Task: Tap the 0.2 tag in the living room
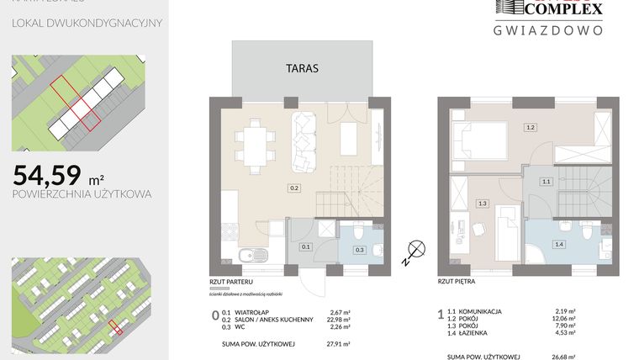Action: pos(293,188)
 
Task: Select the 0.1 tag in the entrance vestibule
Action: pos(306,246)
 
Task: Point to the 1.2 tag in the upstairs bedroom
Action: pos(530,128)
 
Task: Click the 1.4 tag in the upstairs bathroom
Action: pos(558,244)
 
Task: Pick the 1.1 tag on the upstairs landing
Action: pos(546,181)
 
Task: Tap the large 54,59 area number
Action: pos(47,175)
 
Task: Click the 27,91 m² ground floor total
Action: pos(339,344)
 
